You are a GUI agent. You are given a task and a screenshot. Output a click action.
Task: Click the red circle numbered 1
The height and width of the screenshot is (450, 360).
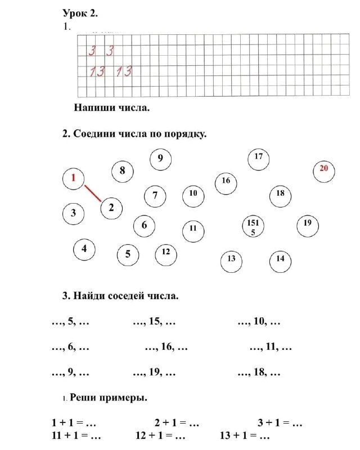pyautogui.click(x=73, y=179)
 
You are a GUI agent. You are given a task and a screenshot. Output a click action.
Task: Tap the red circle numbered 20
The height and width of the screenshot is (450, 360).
pyautogui.click(x=323, y=169)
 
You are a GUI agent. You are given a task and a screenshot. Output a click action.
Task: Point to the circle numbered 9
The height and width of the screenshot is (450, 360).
pyautogui.click(x=160, y=159)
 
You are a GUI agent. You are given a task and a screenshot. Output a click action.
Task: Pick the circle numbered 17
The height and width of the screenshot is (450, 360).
pyautogui.click(x=258, y=157)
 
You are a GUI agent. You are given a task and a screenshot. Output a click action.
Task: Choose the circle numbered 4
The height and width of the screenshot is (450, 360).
pyautogui.click(x=84, y=249)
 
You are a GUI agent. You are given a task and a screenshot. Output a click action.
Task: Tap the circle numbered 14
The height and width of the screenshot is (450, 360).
pyautogui.click(x=280, y=259)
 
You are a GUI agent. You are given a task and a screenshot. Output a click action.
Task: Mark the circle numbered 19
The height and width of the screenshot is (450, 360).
pyautogui.click(x=307, y=224)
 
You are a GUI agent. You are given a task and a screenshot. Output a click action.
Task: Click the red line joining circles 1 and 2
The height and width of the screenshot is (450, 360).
pyautogui.click(x=93, y=193)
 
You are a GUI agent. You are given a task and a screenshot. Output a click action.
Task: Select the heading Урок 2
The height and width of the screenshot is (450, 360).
pyautogui.click(x=84, y=12)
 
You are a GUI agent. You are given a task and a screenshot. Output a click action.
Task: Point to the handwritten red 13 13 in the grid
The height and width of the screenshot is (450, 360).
pyautogui.click(x=111, y=71)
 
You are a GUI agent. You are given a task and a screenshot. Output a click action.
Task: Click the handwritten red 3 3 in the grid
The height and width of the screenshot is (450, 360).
pyautogui.click(x=101, y=51)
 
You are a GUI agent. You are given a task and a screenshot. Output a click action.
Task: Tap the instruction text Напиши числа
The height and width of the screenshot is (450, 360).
pyautogui.click(x=111, y=107)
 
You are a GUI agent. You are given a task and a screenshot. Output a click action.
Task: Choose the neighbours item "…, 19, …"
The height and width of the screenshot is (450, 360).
pyautogui.click(x=155, y=372)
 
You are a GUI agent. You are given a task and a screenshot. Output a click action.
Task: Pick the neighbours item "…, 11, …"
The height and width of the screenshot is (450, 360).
pyautogui.click(x=271, y=347)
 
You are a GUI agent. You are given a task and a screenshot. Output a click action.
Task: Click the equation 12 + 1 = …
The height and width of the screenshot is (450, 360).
pyautogui.click(x=160, y=436)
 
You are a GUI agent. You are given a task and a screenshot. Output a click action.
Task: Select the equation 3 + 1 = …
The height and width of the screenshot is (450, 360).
pyautogui.click(x=280, y=422)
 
